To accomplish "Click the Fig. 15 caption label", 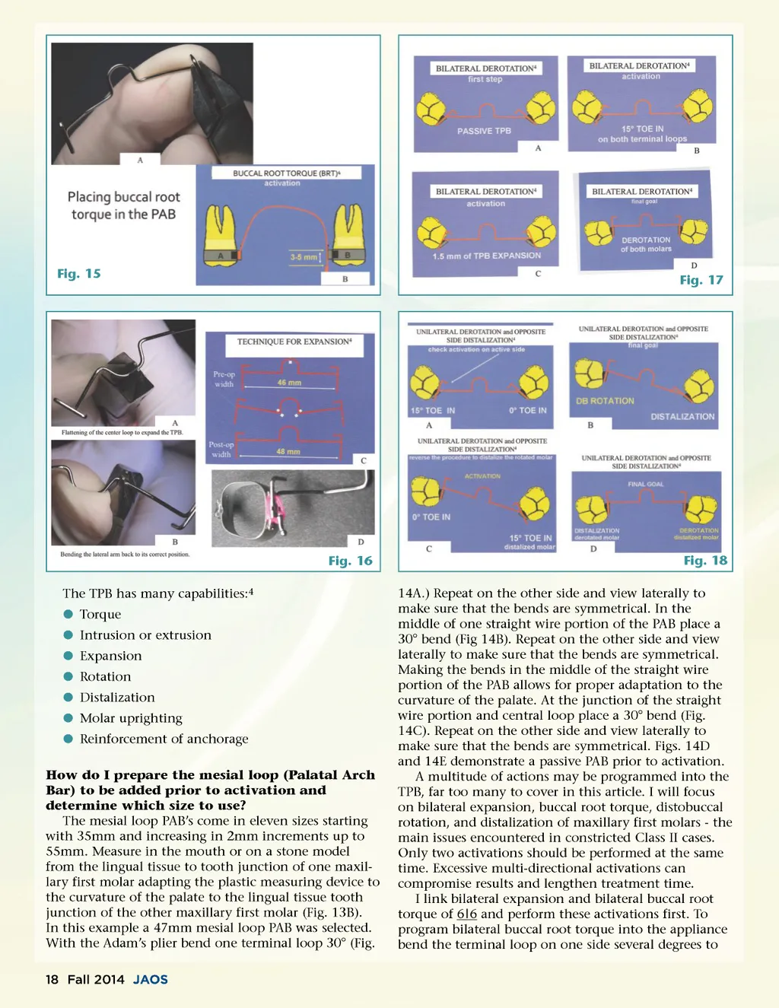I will click(79, 274).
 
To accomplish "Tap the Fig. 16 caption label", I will click(350, 561).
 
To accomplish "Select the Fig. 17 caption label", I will click(701, 280).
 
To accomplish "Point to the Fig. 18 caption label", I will click(705, 561).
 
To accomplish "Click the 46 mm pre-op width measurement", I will click(289, 383).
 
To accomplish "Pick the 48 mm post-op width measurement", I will click(288, 452).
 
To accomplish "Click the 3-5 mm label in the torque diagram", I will click(304, 257).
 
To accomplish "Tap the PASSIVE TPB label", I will click(484, 131).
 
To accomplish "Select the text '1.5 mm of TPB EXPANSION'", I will click(487, 256).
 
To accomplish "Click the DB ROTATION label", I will click(605, 401).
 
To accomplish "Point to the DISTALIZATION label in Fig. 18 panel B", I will click(682, 417).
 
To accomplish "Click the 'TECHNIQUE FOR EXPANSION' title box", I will click(294, 342).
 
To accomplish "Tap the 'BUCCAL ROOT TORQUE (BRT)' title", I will click(286, 173).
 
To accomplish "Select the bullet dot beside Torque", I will click(68, 614).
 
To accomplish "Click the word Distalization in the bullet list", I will click(117, 698).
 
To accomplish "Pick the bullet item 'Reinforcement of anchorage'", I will click(164, 739).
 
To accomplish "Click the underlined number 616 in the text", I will click(466, 914).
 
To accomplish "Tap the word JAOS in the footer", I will click(151, 980).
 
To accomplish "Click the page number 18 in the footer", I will click(52, 980).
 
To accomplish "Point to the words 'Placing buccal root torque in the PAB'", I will click(123, 205).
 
